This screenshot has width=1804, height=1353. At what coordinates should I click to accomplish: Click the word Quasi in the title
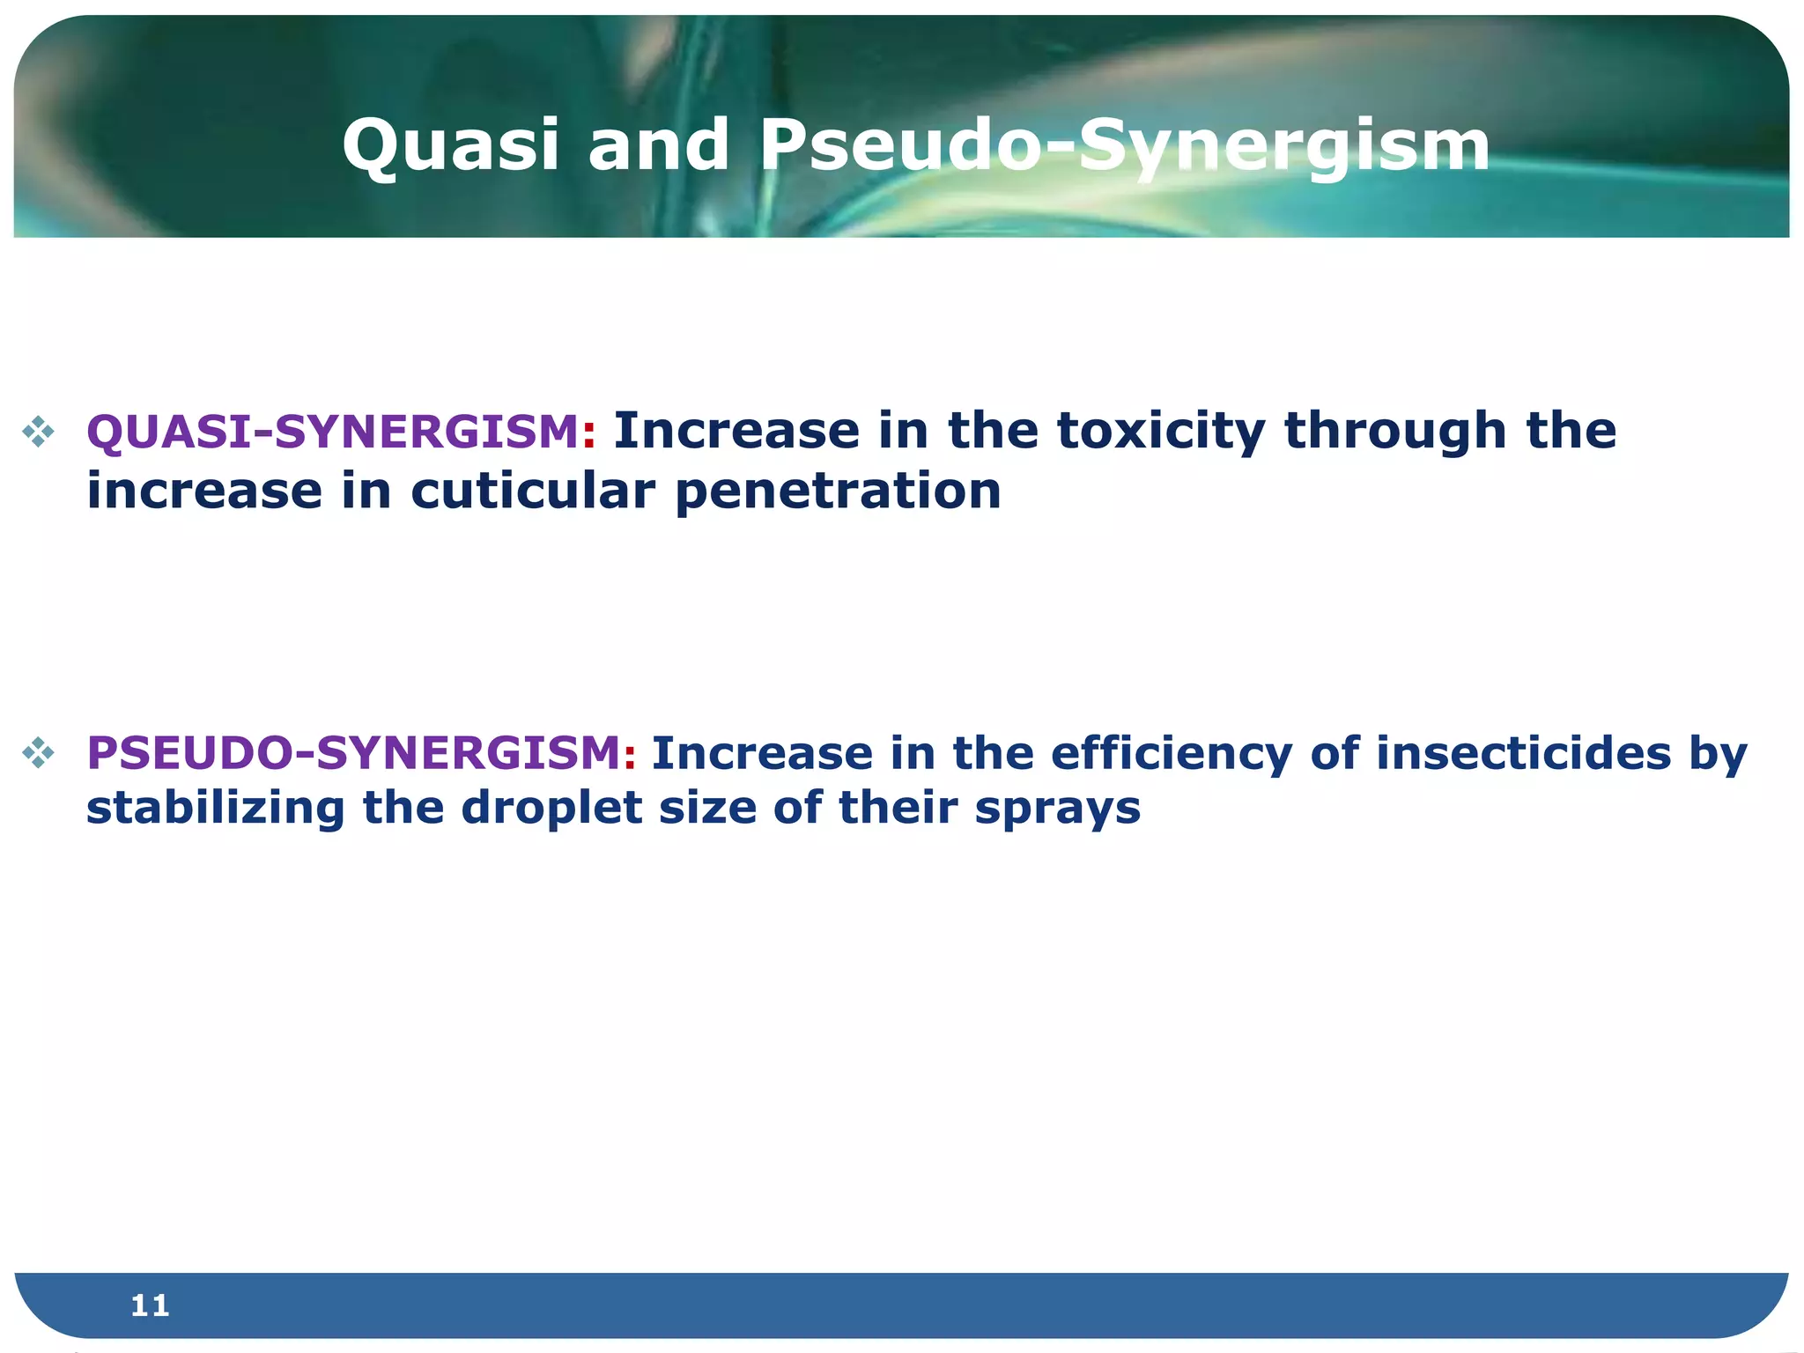pyautogui.click(x=450, y=145)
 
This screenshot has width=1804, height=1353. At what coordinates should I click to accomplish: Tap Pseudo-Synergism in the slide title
pyautogui.click(x=1124, y=145)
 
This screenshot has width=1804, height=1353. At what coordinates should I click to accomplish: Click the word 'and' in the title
pyautogui.click(x=658, y=145)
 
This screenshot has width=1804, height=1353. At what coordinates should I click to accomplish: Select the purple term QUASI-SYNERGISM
pyautogui.click(x=332, y=432)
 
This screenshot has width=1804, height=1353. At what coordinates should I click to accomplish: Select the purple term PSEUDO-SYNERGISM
pyautogui.click(x=354, y=753)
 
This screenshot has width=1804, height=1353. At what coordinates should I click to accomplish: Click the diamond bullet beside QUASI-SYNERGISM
pyautogui.click(x=39, y=432)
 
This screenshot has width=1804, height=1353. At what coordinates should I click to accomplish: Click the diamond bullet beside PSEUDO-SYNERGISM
pyautogui.click(x=39, y=753)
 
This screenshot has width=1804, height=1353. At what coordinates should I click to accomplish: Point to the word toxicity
pyautogui.click(x=1160, y=432)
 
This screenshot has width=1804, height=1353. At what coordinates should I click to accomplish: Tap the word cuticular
pyautogui.click(x=532, y=491)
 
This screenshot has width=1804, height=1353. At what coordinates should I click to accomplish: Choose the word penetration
pyautogui.click(x=838, y=491)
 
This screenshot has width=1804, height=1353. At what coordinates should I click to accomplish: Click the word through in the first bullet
pyautogui.click(x=1395, y=432)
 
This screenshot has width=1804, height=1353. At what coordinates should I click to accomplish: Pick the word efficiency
pyautogui.click(x=1171, y=753)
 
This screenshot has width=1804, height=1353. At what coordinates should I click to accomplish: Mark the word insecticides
pyautogui.click(x=1523, y=753)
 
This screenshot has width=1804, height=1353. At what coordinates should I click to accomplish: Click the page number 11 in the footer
pyautogui.click(x=150, y=1305)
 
